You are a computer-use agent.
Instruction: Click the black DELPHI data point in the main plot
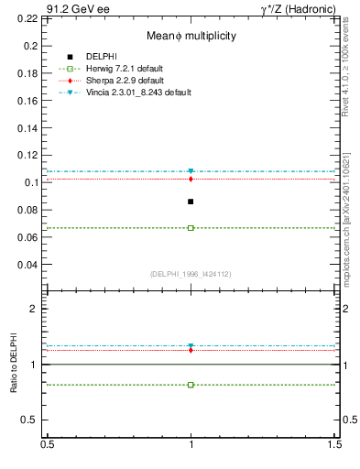point(191,202)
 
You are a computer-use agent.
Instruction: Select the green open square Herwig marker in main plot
point(191,228)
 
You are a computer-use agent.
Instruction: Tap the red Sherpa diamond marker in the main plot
point(191,179)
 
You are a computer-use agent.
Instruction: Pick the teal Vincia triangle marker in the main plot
point(191,171)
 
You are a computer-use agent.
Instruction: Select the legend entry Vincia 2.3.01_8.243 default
point(129,92)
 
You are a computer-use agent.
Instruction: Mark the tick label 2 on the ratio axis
point(37,310)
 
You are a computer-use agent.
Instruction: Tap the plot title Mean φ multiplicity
point(191,37)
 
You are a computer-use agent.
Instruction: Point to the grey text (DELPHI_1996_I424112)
point(191,274)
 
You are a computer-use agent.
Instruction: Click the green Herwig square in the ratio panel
point(191,385)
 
